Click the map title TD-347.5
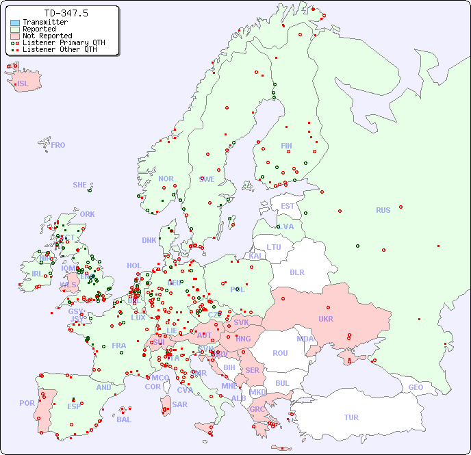coord(66,13)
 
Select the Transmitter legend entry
coord(44,23)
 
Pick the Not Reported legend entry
coord(47,36)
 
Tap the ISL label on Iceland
coord(23,84)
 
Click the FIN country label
coord(286,146)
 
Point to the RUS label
coord(383,211)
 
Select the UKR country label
coord(326,320)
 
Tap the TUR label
coord(351,417)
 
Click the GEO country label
coord(416,387)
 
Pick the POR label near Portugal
coord(27,403)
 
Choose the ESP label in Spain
coord(74,406)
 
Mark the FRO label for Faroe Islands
coord(58,145)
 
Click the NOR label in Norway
coord(166,179)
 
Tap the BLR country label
coord(296,272)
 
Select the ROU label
coord(280,354)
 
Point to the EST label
coord(288,206)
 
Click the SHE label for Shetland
coord(79,185)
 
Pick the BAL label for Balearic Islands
coord(123,419)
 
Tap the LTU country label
coord(274,247)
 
